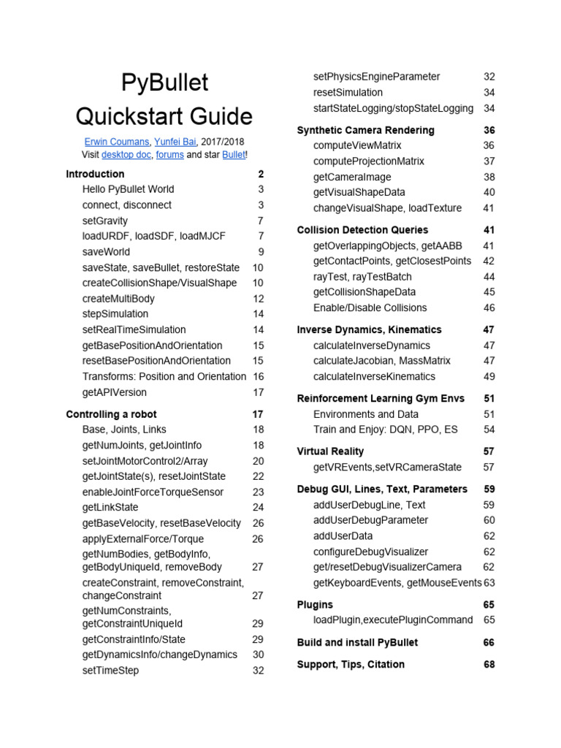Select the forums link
point(169,155)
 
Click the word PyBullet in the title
point(164,83)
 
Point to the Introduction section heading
point(95,174)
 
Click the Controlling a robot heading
point(111,414)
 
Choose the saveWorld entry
point(107,252)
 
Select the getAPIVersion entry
point(115,392)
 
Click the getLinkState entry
point(110,508)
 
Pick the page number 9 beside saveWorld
point(260,252)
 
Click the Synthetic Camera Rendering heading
point(365,130)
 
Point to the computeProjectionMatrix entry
point(369,161)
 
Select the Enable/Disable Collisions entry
point(370,308)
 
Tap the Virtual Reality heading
point(330,451)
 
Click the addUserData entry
point(343,536)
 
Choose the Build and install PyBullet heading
point(357,643)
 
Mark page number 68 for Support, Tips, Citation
point(489,665)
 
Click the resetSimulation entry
point(348,93)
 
